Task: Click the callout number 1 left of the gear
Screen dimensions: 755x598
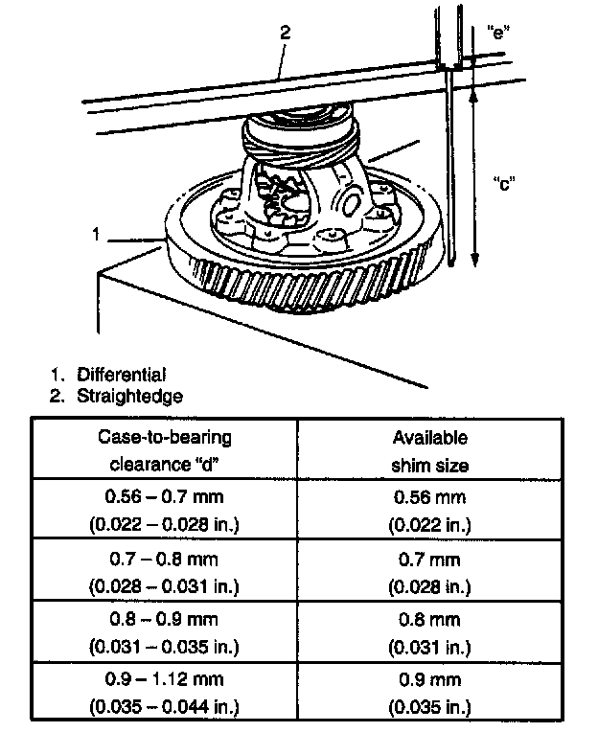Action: click(96, 232)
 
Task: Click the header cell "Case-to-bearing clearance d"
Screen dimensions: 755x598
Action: click(164, 450)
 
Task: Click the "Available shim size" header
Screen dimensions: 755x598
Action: click(430, 450)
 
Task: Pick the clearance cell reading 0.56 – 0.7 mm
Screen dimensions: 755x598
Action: click(164, 511)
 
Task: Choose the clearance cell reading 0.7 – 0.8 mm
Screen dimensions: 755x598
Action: click(164, 570)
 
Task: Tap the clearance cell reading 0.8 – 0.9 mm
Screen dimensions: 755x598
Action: click(164, 631)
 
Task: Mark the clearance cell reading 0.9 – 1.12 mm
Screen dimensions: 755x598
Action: click(164, 693)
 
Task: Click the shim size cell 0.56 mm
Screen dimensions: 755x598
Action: click(430, 511)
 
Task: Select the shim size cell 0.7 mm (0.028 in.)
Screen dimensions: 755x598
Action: click(430, 570)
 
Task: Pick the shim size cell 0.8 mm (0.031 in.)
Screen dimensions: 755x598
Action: click(430, 631)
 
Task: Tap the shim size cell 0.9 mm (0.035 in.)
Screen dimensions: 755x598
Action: click(430, 693)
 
